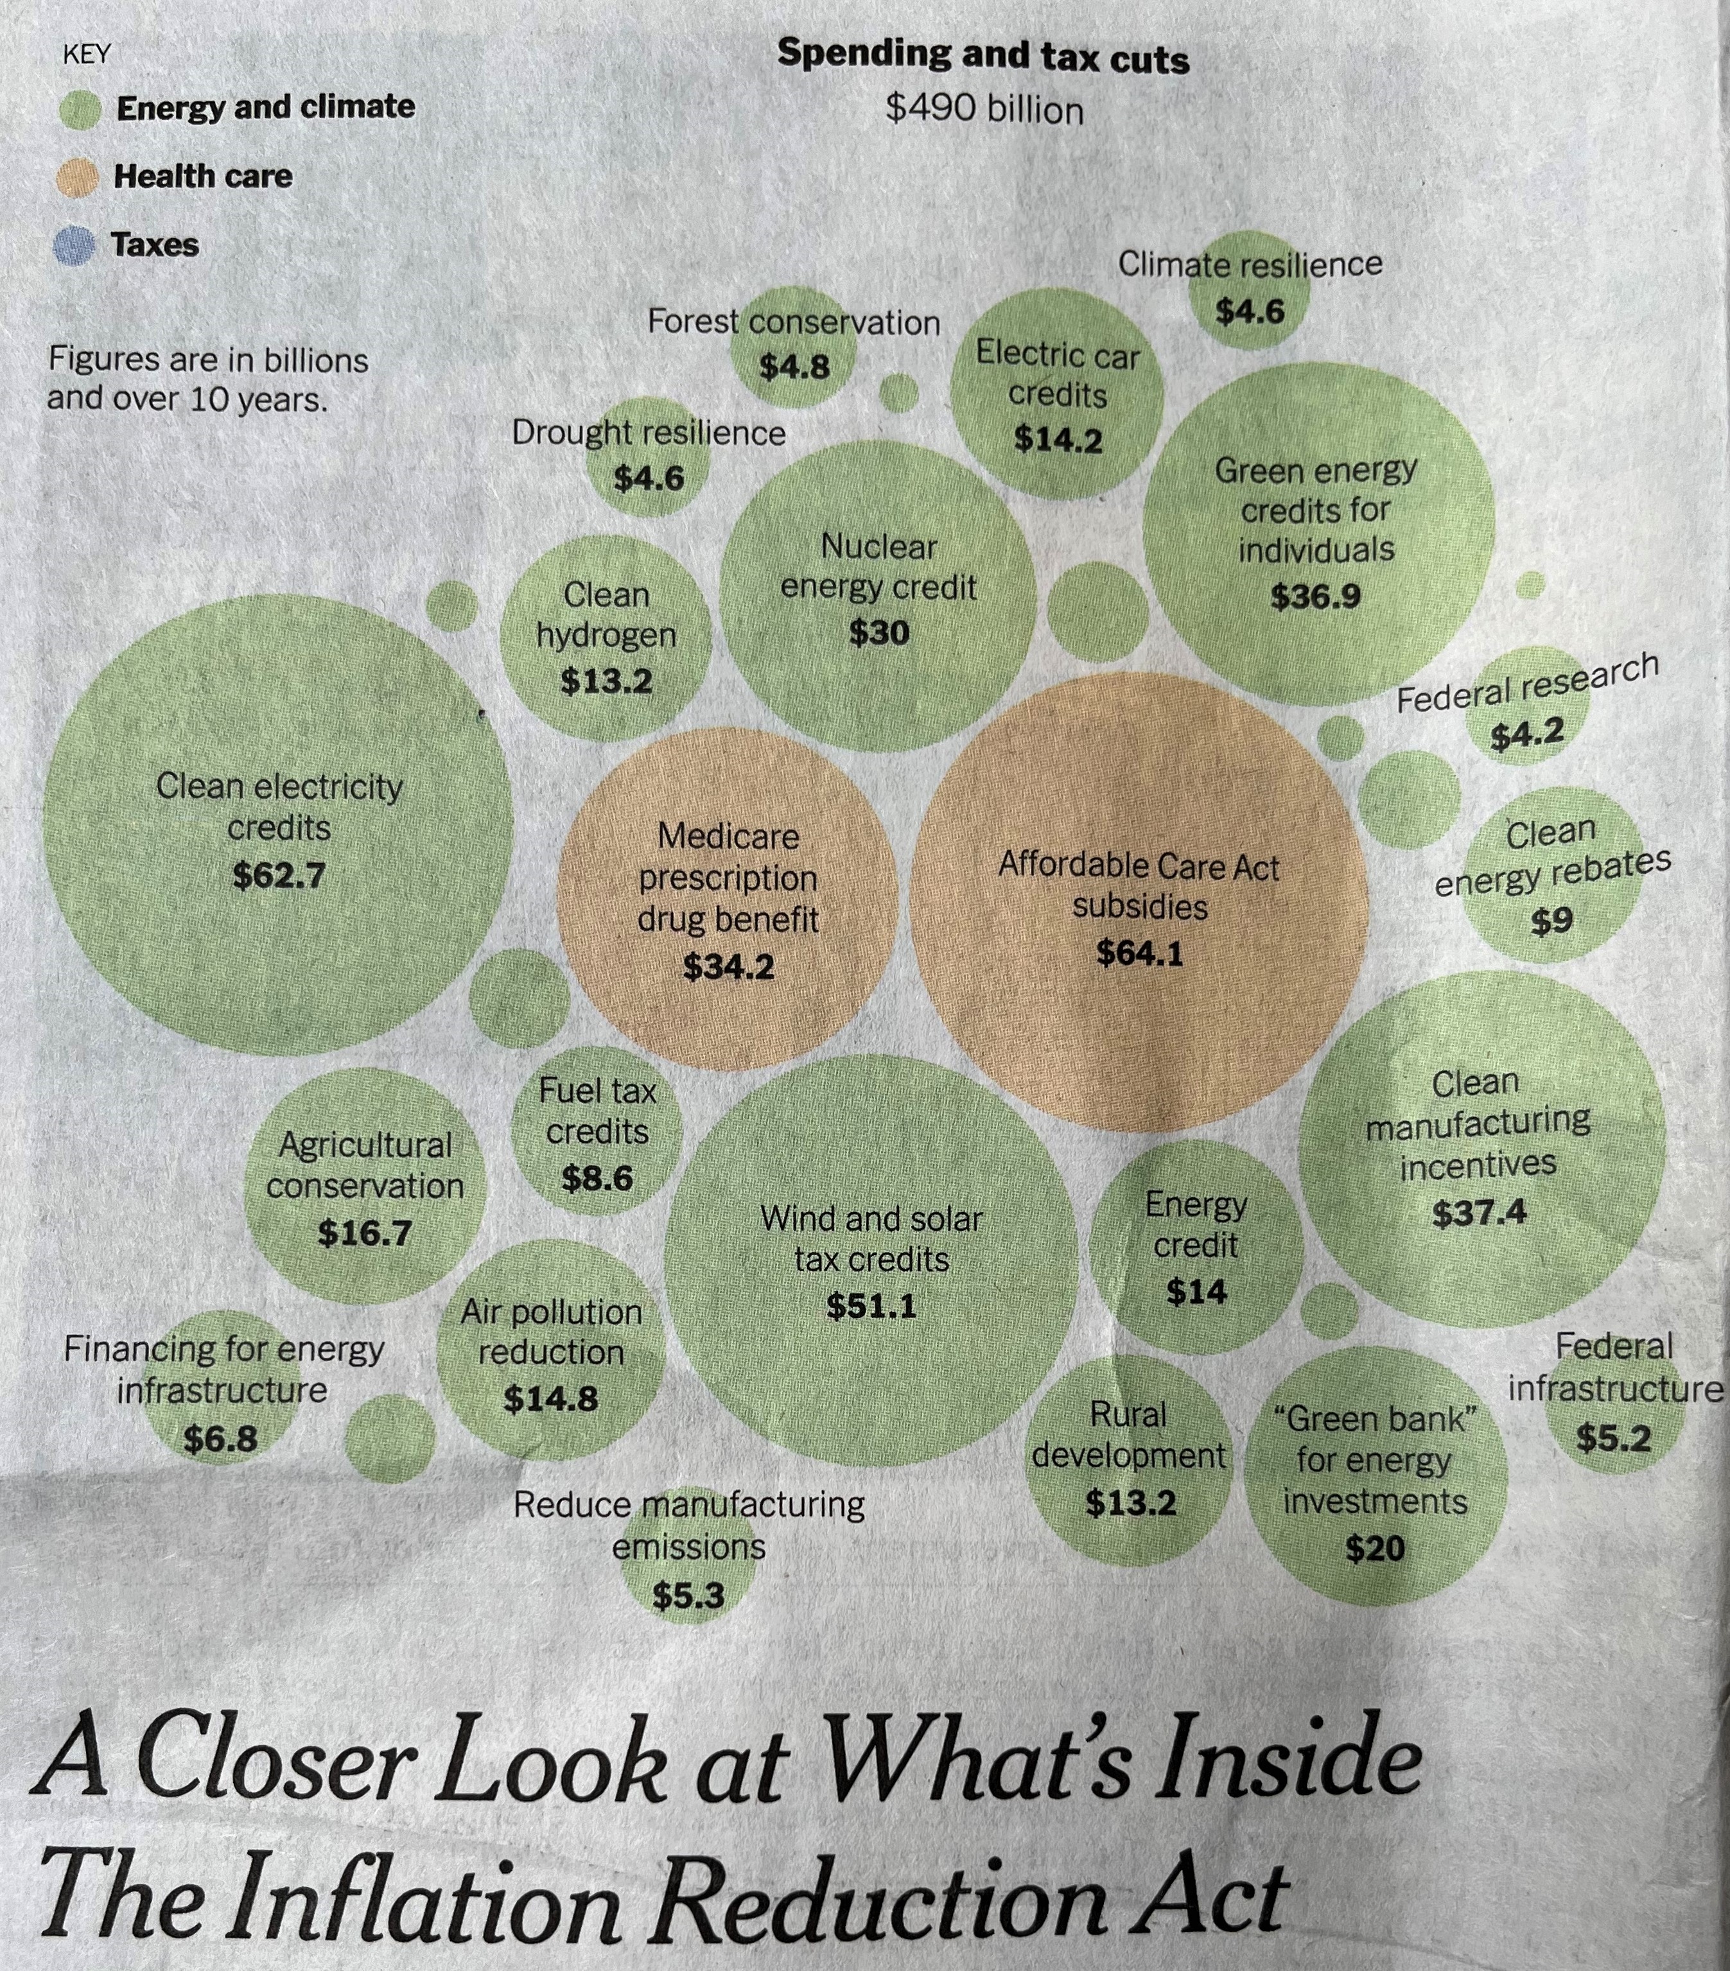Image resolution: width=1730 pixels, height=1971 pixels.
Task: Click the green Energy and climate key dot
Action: [80, 109]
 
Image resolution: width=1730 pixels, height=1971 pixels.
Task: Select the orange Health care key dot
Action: [77, 177]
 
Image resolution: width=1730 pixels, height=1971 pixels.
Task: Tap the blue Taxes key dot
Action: [75, 245]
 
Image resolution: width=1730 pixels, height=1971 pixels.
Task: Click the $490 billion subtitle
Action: [984, 110]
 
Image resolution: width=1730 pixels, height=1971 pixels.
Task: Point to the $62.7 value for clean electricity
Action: [279, 876]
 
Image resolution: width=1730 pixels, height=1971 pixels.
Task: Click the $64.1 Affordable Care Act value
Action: [1139, 953]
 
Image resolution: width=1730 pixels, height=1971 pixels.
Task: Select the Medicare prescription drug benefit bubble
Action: [728, 897]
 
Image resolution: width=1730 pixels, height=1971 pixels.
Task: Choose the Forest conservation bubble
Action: [794, 347]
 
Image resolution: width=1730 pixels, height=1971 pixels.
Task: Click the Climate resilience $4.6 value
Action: [1250, 311]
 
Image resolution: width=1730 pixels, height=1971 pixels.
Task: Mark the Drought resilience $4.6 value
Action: [649, 477]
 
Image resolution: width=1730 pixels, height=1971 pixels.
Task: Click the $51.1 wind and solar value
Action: [871, 1306]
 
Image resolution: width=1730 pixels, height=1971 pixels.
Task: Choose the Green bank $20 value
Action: [1374, 1549]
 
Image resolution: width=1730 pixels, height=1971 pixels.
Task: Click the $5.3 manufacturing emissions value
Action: [688, 1596]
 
